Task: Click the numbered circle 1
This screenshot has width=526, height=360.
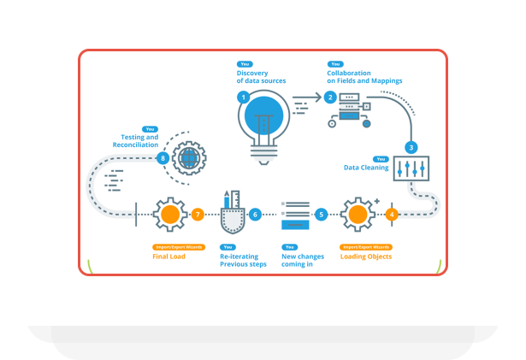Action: [x=244, y=97]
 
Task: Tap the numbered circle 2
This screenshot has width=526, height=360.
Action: [x=330, y=97]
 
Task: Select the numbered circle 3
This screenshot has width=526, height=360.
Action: [x=411, y=147]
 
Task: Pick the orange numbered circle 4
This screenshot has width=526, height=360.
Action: [x=392, y=214]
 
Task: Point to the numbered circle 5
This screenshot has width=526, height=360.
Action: [x=321, y=214]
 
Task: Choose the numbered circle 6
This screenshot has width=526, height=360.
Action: [x=254, y=214]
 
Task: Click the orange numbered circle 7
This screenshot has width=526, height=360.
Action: [x=198, y=214]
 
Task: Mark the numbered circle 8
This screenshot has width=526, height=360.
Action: [x=162, y=158]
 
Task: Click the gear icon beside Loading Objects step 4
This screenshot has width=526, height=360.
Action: [x=357, y=214]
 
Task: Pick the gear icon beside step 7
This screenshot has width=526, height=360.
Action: [x=169, y=214]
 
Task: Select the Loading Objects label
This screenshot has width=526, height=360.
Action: [x=365, y=256]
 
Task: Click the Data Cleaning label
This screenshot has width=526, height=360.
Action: [x=366, y=168]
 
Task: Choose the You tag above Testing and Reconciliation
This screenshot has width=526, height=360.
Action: [x=151, y=129]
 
